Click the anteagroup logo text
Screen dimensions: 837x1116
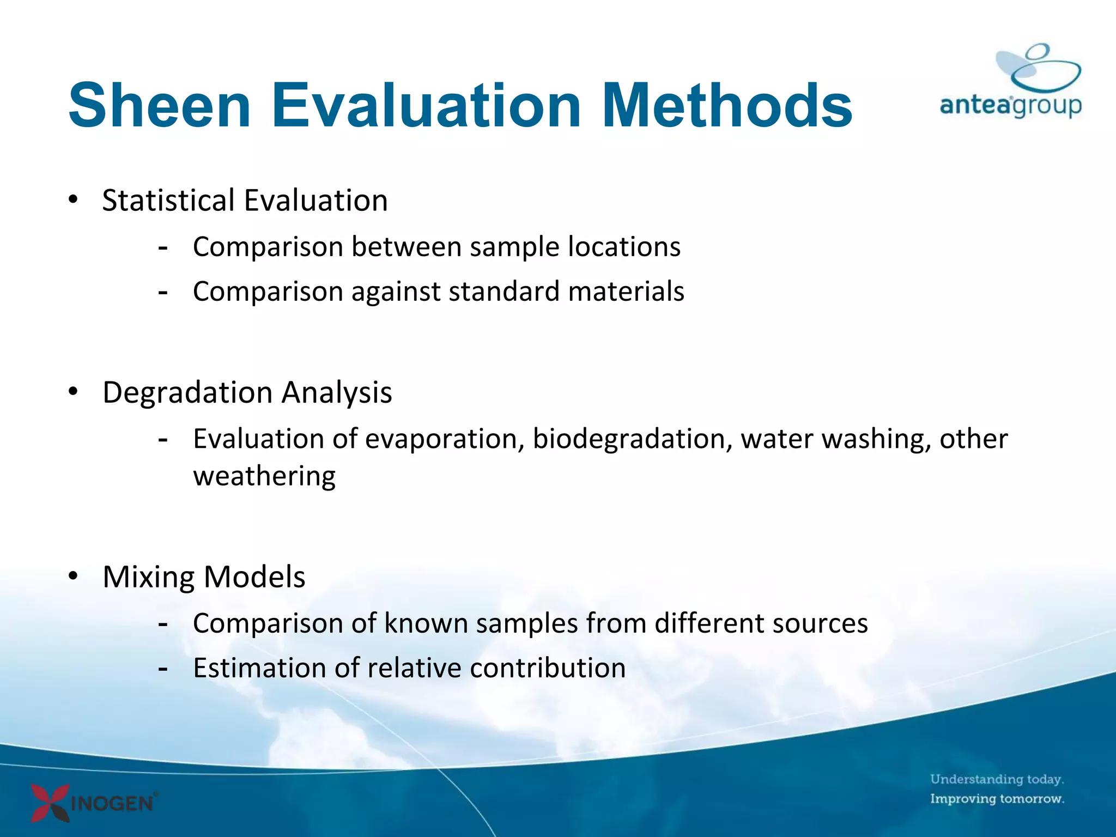click(x=1010, y=105)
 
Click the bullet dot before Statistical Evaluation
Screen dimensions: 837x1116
click(x=73, y=199)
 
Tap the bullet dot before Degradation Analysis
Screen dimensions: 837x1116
click(x=73, y=391)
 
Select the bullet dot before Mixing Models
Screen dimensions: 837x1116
click(x=73, y=576)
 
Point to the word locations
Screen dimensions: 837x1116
click(x=624, y=246)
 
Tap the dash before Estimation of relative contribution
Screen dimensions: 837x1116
click(x=162, y=669)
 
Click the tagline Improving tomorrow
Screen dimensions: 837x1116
click(x=997, y=799)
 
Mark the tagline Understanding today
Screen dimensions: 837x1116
click(x=997, y=779)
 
